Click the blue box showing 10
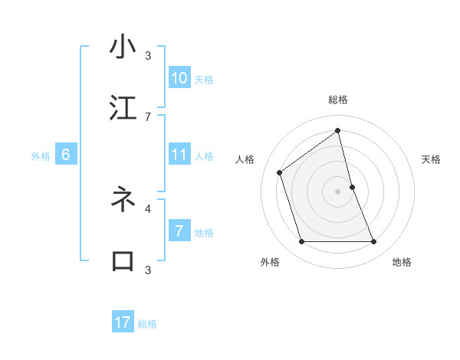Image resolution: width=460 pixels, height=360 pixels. click(179, 78)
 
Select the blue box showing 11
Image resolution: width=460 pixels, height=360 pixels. click(179, 155)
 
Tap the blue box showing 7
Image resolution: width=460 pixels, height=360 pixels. click(179, 231)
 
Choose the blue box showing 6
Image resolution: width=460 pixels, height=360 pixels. click(66, 155)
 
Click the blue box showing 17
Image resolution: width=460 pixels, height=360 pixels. click(123, 322)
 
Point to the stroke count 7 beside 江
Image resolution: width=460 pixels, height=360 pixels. click(148, 116)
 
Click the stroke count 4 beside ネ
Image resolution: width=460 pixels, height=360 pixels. click(148, 208)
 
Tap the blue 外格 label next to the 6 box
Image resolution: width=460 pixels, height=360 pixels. click(41, 155)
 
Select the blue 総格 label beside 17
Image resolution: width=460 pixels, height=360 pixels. click(147, 323)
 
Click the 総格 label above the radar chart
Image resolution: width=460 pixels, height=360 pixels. click(338, 100)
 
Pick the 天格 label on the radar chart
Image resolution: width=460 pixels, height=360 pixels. click(432, 159)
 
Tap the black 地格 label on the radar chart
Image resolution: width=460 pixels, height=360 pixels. click(402, 262)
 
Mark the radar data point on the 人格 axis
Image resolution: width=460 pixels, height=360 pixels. click(280, 172)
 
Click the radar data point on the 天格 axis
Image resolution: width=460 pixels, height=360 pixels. click(352, 187)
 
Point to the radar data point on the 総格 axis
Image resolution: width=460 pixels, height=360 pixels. click(338, 131)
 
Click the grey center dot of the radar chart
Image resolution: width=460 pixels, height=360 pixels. click(338, 191)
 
